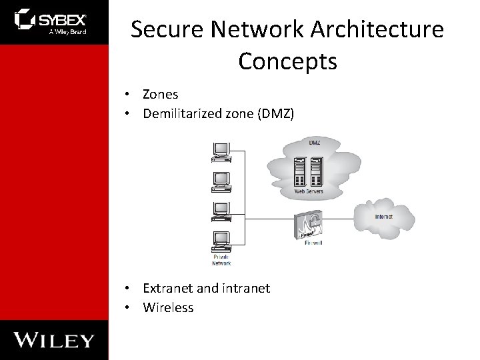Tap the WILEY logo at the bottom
(x=54, y=340)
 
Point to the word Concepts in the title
(x=287, y=61)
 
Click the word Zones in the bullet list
(x=161, y=95)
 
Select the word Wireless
(x=168, y=307)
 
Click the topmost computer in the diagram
(x=221, y=153)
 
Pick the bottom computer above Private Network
(x=221, y=240)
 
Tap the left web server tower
(x=300, y=172)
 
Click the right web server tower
(x=317, y=172)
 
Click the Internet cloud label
(x=384, y=217)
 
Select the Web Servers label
(x=309, y=191)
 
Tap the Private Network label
(x=221, y=260)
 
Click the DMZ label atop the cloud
(x=314, y=143)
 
